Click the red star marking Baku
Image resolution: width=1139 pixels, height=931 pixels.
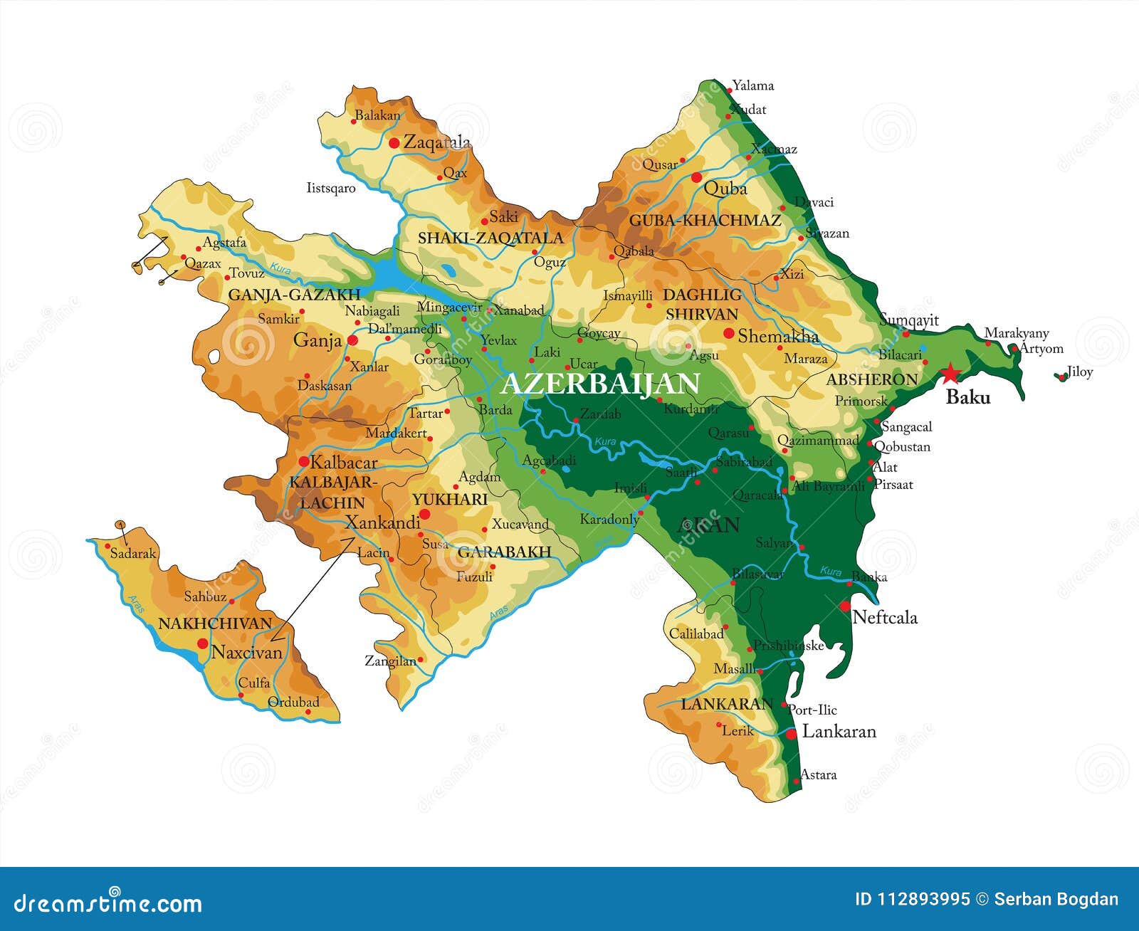[x=950, y=372]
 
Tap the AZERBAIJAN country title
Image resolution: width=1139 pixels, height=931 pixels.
[x=599, y=384]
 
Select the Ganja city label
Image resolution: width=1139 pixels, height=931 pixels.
[x=317, y=340]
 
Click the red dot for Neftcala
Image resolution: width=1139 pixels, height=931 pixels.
[x=845, y=606]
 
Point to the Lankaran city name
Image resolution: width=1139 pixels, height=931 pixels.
[x=839, y=731]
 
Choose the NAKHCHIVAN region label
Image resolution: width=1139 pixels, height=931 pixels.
[x=215, y=624]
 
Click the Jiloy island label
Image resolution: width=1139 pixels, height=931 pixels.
[x=1079, y=372]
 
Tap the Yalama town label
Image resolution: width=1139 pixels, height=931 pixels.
[x=752, y=86]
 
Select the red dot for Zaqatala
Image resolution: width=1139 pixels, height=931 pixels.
[x=394, y=143]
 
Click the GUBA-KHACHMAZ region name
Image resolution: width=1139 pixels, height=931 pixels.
[x=705, y=221]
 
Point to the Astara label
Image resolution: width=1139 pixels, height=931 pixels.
[x=818, y=774]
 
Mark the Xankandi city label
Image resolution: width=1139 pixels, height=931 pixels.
[x=382, y=523]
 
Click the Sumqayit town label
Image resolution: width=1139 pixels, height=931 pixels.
[x=909, y=320]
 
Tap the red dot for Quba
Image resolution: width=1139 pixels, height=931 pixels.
[x=696, y=177]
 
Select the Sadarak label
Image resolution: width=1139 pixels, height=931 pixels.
[x=132, y=553]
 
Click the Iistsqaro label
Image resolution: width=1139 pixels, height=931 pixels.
[x=330, y=189]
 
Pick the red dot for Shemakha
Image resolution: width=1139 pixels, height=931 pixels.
[x=729, y=333]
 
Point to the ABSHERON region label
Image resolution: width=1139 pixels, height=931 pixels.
[x=871, y=380]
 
